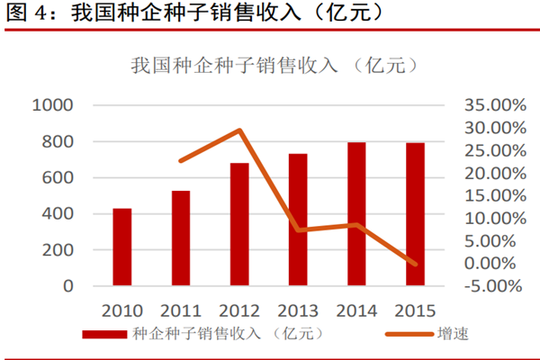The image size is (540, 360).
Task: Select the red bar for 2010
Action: tap(122, 247)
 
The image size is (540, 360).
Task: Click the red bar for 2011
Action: tap(181, 238)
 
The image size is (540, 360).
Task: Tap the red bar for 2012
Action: tap(239, 224)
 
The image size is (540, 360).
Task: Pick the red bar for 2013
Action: tap(298, 220)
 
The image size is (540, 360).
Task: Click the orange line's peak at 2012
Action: tap(239, 130)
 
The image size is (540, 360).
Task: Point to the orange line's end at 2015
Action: tap(415, 264)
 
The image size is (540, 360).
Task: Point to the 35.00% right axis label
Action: tap(494, 105)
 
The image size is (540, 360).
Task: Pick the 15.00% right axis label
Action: tap(494, 196)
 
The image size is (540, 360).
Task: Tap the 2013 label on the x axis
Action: tap(298, 311)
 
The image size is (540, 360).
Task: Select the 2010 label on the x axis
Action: tap(122, 311)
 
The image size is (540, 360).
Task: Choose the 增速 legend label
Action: tap(452, 335)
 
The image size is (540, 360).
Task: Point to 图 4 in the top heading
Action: tap(25, 13)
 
